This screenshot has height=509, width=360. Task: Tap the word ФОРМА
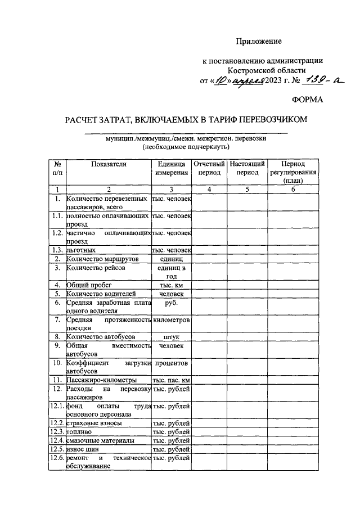click(x=309, y=100)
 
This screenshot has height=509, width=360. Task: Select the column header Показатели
click(x=109, y=164)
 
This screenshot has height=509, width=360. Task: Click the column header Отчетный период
click(x=209, y=168)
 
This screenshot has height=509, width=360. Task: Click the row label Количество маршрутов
click(x=101, y=259)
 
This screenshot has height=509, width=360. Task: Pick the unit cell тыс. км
click(x=172, y=285)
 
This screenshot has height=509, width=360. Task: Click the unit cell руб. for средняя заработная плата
click(x=172, y=302)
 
